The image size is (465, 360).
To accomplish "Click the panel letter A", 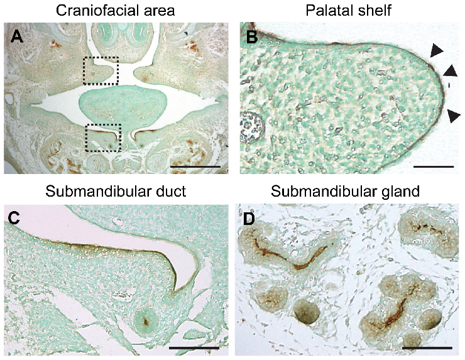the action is tap(17, 37).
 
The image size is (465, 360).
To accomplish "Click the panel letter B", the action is tap(252, 37).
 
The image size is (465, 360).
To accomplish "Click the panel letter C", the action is tap(14, 218).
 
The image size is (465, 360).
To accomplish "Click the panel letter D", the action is tap(249, 219).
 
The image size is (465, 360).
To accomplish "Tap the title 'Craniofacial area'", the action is tap(116, 11).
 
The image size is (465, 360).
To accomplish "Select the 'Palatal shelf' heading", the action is tap(349, 11).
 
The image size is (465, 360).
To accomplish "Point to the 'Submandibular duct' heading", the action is tap(116, 191).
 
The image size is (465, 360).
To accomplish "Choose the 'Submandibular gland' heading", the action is tap(345, 192).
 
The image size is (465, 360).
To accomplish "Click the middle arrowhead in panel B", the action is tap(450, 71).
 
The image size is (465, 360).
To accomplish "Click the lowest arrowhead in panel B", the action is tap(454, 116).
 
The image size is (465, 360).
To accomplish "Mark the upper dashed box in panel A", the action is tap(101, 70).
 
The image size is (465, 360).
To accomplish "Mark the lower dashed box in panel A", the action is tap(103, 138).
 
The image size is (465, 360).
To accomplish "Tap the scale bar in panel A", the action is tap(195, 166).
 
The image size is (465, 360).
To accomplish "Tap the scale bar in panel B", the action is tap(434, 166).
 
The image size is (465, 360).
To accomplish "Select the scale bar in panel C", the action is tap(194, 347).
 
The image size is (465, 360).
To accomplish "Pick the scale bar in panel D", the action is tap(427, 347).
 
